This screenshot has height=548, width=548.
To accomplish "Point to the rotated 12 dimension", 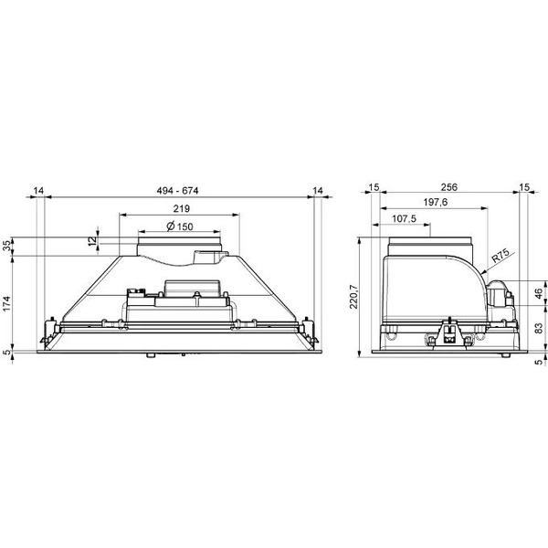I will [x=91, y=240].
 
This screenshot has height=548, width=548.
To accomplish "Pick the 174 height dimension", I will [x=8, y=303].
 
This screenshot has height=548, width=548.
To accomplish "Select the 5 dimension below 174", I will [x=8, y=353].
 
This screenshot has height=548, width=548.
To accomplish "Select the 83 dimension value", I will [x=537, y=328].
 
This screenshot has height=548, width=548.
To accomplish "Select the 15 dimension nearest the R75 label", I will [x=524, y=186].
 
